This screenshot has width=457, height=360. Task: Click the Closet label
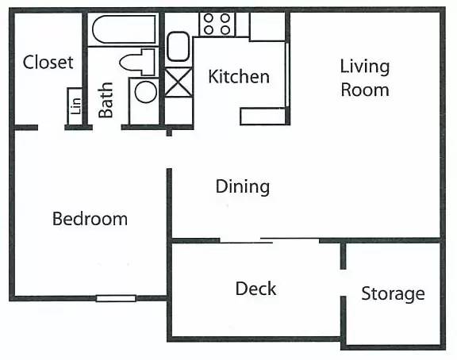(48, 62)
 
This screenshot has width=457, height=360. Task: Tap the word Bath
(106, 100)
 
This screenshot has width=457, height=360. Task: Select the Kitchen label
(239, 77)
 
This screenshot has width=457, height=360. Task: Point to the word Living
(365, 67)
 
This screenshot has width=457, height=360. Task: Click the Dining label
(243, 186)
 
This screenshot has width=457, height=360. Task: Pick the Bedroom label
(90, 219)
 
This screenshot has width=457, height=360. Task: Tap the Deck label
(255, 289)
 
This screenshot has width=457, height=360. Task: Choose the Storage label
(393, 294)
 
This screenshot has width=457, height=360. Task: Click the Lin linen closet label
(75, 106)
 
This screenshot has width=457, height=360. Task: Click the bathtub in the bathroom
(124, 29)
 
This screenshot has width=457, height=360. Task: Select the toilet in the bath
(137, 62)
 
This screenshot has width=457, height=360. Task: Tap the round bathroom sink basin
(146, 92)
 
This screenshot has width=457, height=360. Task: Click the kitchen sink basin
(178, 47)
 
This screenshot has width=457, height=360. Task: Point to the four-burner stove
(217, 24)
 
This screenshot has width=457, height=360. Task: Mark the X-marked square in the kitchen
(179, 82)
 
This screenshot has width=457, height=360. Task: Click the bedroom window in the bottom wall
(116, 298)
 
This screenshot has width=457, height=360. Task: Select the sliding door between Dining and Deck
(269, 240)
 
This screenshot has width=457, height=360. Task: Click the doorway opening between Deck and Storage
(344, 282)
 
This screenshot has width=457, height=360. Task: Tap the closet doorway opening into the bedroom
(51, 128)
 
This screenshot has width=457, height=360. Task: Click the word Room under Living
(365, 90)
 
